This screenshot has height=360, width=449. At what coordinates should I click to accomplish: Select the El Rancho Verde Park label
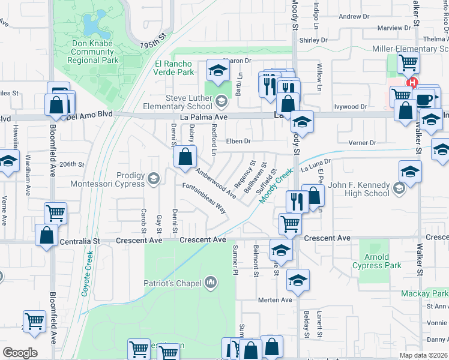pyautogui.click(x=174, y=68)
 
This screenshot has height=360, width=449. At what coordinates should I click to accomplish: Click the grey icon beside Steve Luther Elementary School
pyautogui.click(x=222, y=100)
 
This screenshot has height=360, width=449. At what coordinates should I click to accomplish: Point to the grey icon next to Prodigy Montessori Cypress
pyautogui.click(x=154, y=178)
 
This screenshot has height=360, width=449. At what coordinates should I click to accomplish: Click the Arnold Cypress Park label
pyautogui.click(x=385, y=261)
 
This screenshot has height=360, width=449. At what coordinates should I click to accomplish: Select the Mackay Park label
pyautogui.click(x=426, y=294)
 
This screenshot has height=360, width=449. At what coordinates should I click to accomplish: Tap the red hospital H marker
pyautogui.click(x=412, y=83)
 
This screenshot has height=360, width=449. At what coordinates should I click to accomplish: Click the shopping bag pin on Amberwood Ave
pyautogui.click(x=185, y=157)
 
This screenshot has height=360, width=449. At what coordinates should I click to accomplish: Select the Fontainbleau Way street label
pyautogui.click(x=204, y=199)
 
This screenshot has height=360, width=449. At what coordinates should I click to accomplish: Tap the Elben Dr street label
pyautogui.click(x=238, y=142)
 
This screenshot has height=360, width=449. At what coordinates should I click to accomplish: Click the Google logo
pyautogui.click(x=20, y=353)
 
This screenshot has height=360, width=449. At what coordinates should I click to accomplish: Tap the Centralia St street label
pyautogui.click(x=79, y=241)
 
